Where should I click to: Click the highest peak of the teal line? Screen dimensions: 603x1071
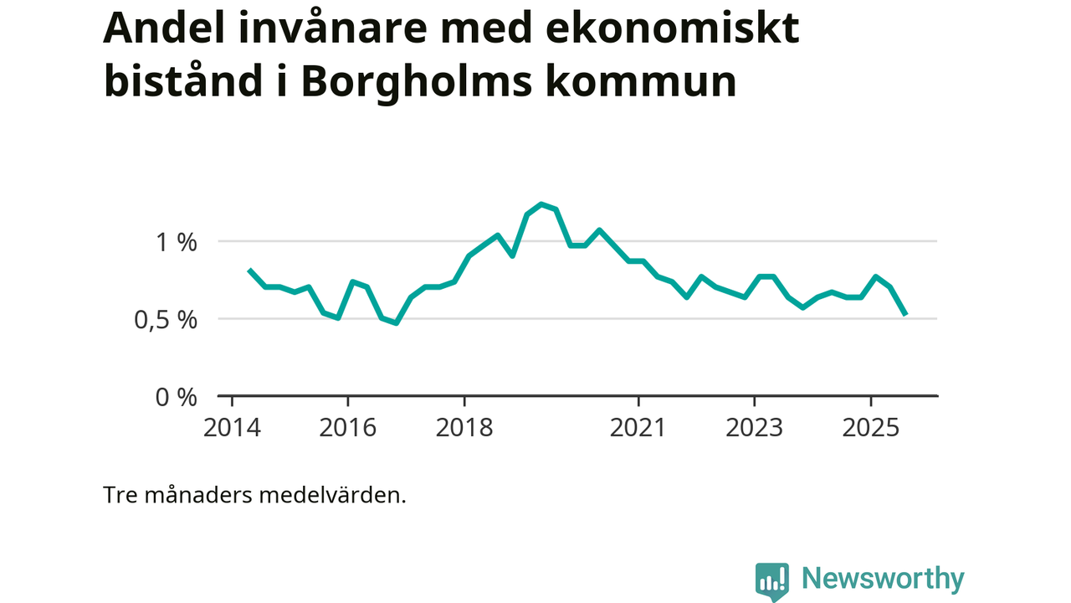pos(541,204)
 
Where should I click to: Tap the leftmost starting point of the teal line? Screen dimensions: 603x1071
pos(249,270)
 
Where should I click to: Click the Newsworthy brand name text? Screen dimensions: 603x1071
pos(883,579)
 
